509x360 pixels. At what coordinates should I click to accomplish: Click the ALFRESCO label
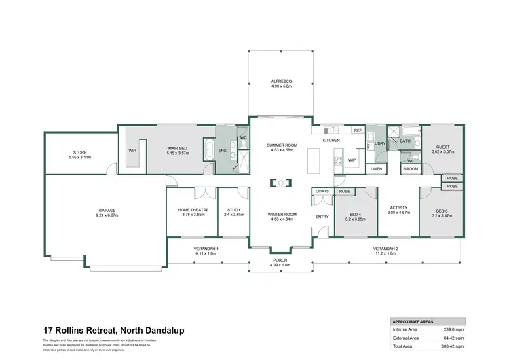pyautogui.click(x=280, y=82)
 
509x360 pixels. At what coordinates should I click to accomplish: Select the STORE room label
pyautogui.click(x=79, y=152)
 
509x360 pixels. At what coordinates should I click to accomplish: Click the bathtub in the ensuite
pyautogui.click(x=209, y=151)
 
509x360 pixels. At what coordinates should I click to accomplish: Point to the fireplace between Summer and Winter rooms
pyautogui.click(x=280, y=182)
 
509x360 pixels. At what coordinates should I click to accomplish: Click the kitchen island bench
pyautogui.click(x=313, y=160)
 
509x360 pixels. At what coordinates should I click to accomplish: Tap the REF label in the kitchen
pyautogui.click(x=358, y=130)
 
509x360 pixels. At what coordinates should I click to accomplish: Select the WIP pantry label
pyautogui.click(x=352, y=160)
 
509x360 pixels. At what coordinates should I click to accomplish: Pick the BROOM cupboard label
pyautogui.click(x=411, y=168)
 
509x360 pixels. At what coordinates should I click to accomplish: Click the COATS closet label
pyautogui.click(x=322, y=191)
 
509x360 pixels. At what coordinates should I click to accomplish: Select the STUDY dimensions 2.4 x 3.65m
pyautogui.click(x=235, y=215)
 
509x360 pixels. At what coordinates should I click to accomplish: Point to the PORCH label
pyautogui.click(x=280, y=261)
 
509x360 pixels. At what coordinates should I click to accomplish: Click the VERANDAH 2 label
pyautogui.click(x=385, y=249)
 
